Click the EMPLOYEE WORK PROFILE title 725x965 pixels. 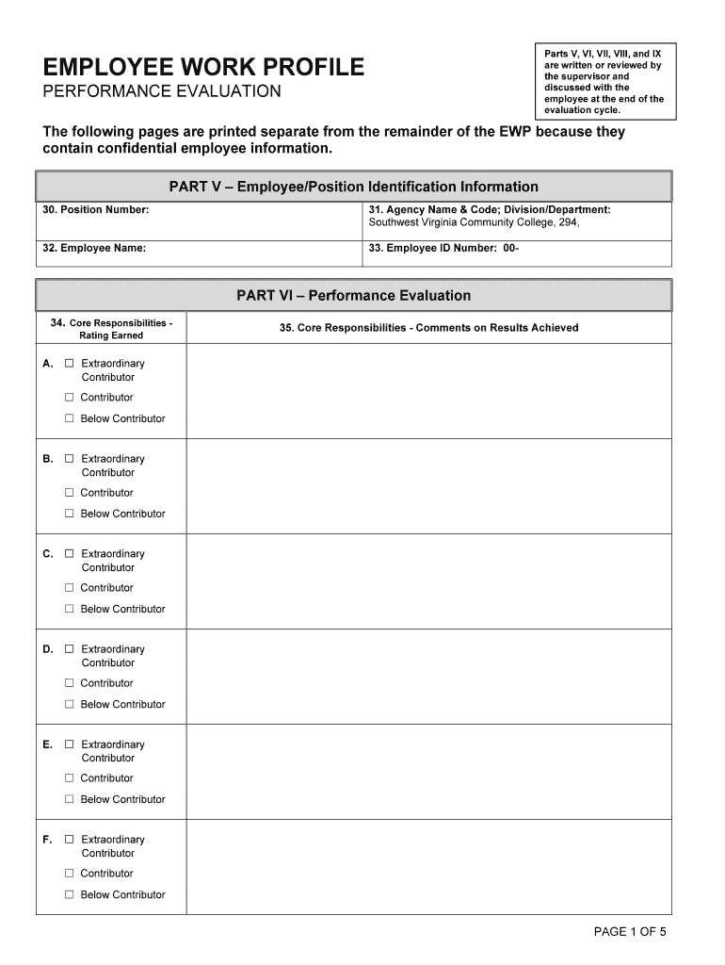click(x=203, y=67)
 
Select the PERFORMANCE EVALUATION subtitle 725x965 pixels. click(x=162, y=91)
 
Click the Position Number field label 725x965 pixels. click(x=96, y=209)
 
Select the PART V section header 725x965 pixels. click(x=353, y=187)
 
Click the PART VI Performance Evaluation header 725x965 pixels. click(x=353, y=295)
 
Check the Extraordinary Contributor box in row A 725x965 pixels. click(x=69, y=363)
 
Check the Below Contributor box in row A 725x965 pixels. click(x=69, y=418)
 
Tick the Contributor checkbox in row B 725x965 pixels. click(x=69, y=493)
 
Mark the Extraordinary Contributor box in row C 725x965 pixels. click(x=69, y=554)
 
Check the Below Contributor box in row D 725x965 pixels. click(x=69, y=704)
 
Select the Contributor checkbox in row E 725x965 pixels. click(x=69, y=778)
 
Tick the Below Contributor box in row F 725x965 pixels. click(x=69, y=894)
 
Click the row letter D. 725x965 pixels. click(x=48, y=649)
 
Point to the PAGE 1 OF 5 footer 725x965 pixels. click(x=630, y=932)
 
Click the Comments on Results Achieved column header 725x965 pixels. click(x=428, y=328)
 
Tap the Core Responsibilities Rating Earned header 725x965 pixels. click(x=111, y=329)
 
